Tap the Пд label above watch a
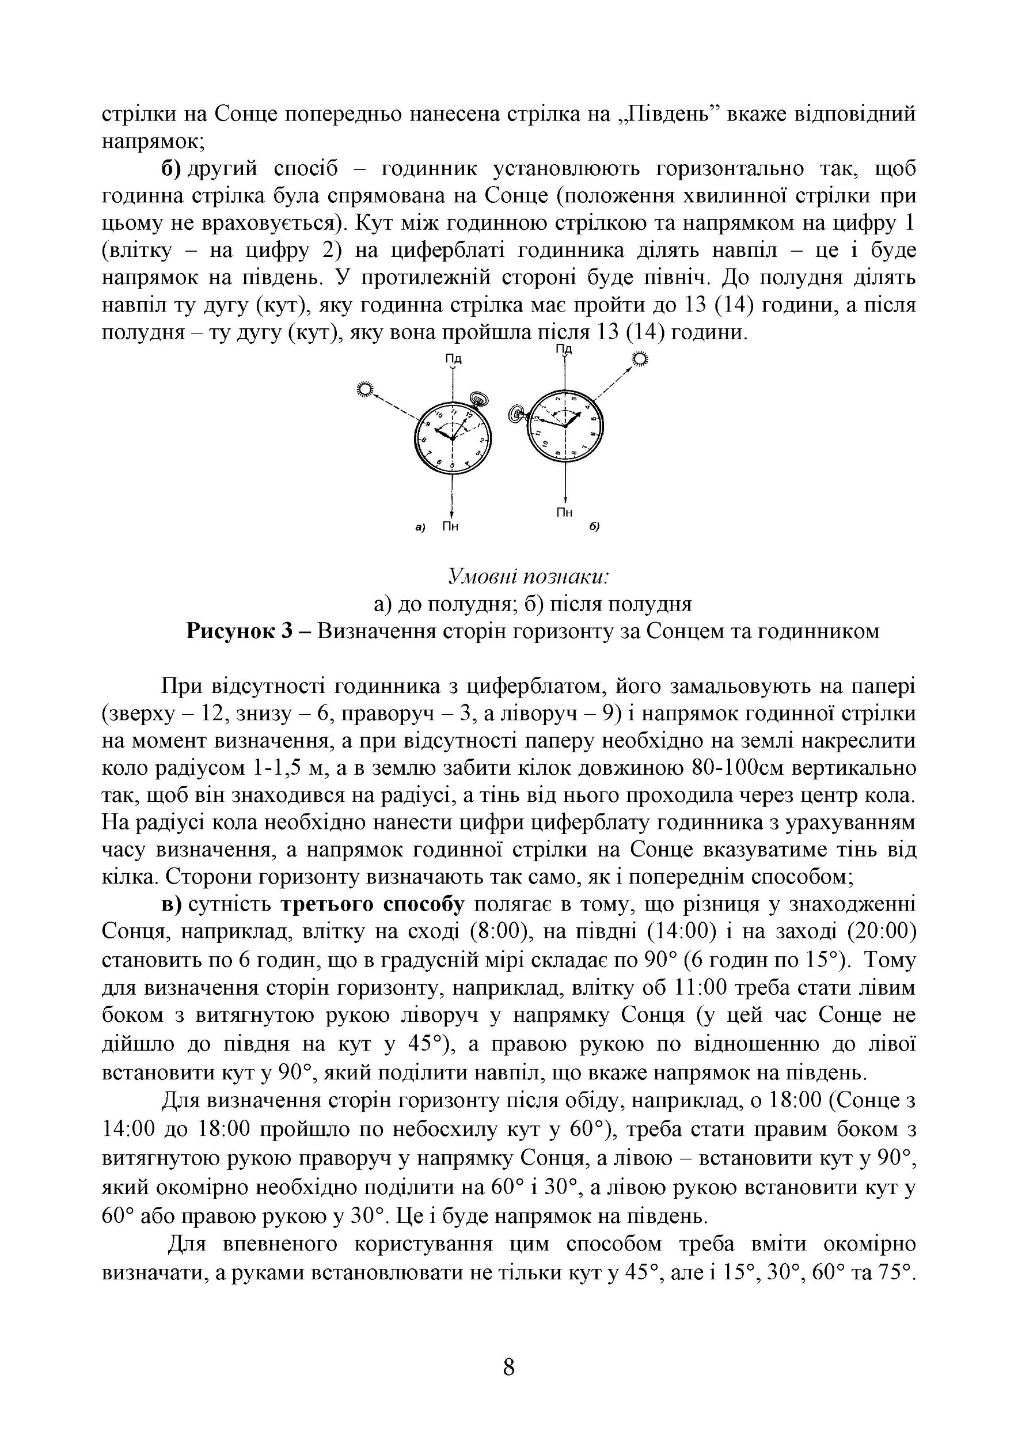pos(453,359)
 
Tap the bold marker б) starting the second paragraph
pos(171,169)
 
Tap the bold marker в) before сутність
pos(171,905)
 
